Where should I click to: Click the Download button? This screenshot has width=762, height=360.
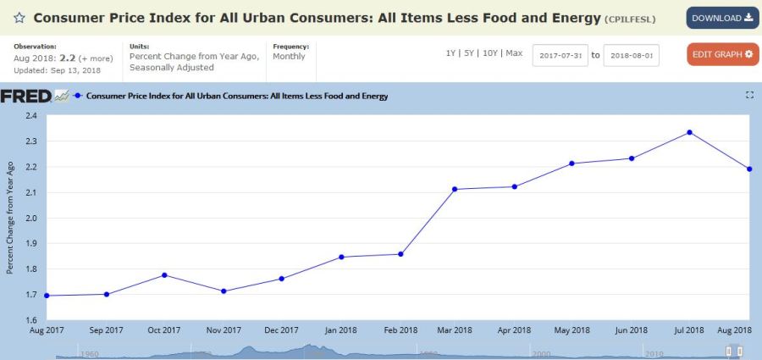[722, 18]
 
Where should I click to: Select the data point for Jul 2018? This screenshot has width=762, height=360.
[689, 132]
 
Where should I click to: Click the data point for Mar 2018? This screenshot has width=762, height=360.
[455, 189]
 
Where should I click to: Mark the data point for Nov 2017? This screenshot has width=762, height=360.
[223, 291]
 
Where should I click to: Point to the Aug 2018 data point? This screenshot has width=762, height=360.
[749, 169]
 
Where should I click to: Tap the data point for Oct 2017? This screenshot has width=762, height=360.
[164, 275]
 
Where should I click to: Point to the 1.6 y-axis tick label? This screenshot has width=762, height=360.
[31, 320]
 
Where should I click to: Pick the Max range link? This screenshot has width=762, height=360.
[515, 53]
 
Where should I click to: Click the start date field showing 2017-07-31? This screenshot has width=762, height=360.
[560, 55]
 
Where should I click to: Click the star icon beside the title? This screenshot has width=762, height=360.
[19, 18]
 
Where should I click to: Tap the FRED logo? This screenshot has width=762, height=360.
[25, 96]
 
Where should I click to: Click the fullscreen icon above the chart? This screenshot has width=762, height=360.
[749, 96]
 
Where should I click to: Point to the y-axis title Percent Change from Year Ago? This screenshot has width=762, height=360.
[11, 218]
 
